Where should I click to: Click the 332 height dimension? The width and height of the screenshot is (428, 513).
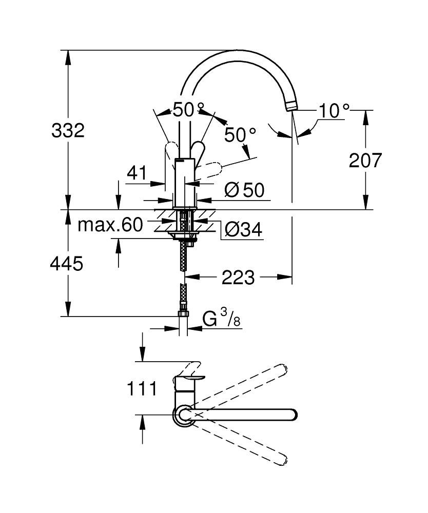coord(68,131)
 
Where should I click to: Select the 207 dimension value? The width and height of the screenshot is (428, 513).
coord(365,161)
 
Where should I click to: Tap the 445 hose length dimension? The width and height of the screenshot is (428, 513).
coord(67,264)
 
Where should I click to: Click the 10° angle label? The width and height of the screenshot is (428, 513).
coord(334,111)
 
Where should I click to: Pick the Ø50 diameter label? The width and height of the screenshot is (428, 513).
coord(244,191)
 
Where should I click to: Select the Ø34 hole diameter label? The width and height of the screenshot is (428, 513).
coord(243,230)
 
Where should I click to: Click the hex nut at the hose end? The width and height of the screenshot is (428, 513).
coord(183,314)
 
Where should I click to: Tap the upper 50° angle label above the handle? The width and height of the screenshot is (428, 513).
coord(188,110)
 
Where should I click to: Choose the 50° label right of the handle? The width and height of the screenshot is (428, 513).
coord(240,135)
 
